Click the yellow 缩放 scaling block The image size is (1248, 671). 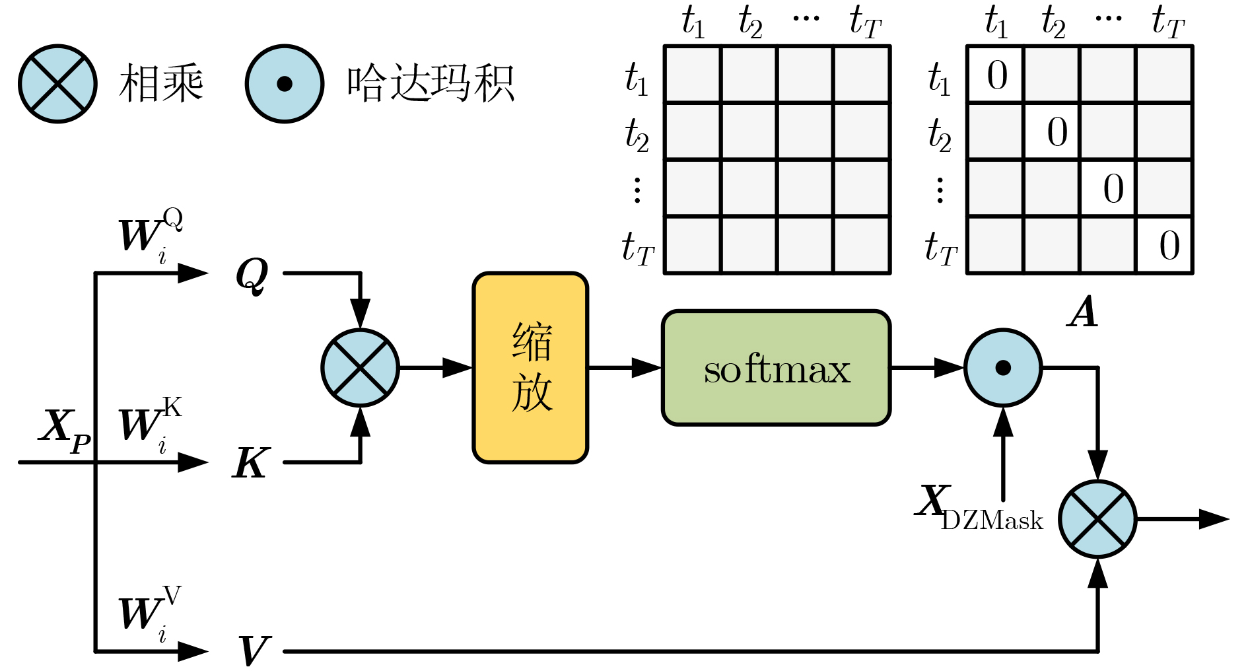click(x=530, y=368)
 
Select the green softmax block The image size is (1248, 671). click(x=776, y=368)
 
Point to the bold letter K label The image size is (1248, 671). click(x=251, y=463)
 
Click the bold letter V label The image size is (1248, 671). click(x=254, y=651)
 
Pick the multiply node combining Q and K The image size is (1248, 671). click(x=360, y=368)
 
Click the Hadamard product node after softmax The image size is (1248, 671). click(x=1002, y=368)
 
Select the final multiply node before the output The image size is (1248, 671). click(x=1097, y=519)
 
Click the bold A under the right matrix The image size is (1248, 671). click(x=1083, y=312)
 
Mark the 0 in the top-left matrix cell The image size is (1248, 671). click(x=996, y=75)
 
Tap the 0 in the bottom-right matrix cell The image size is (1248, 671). click(x=1169, y=246)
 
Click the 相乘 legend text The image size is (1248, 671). click(x=161, y=84)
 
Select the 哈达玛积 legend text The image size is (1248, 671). click(x=430, y=84)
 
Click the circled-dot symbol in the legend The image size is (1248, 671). click(x=285, y=84)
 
